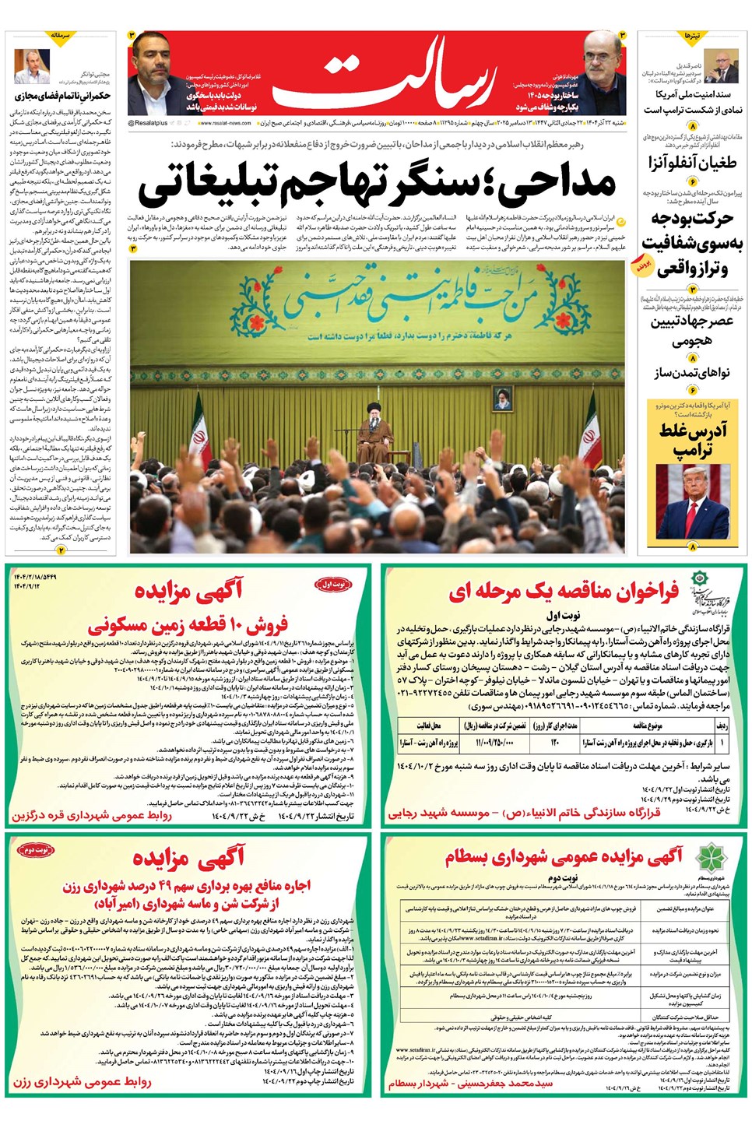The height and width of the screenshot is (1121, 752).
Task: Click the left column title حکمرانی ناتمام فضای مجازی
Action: click(x=62, y=96)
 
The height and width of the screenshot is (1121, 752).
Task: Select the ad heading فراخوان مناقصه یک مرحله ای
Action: click(x=564, y=592)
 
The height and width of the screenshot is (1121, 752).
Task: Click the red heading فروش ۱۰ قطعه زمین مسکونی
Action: click(x=188, y=624)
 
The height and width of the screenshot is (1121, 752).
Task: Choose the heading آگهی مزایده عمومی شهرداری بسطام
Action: click(x=564, y=857)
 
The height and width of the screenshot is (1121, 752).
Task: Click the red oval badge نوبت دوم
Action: click(x=35, y=851)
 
